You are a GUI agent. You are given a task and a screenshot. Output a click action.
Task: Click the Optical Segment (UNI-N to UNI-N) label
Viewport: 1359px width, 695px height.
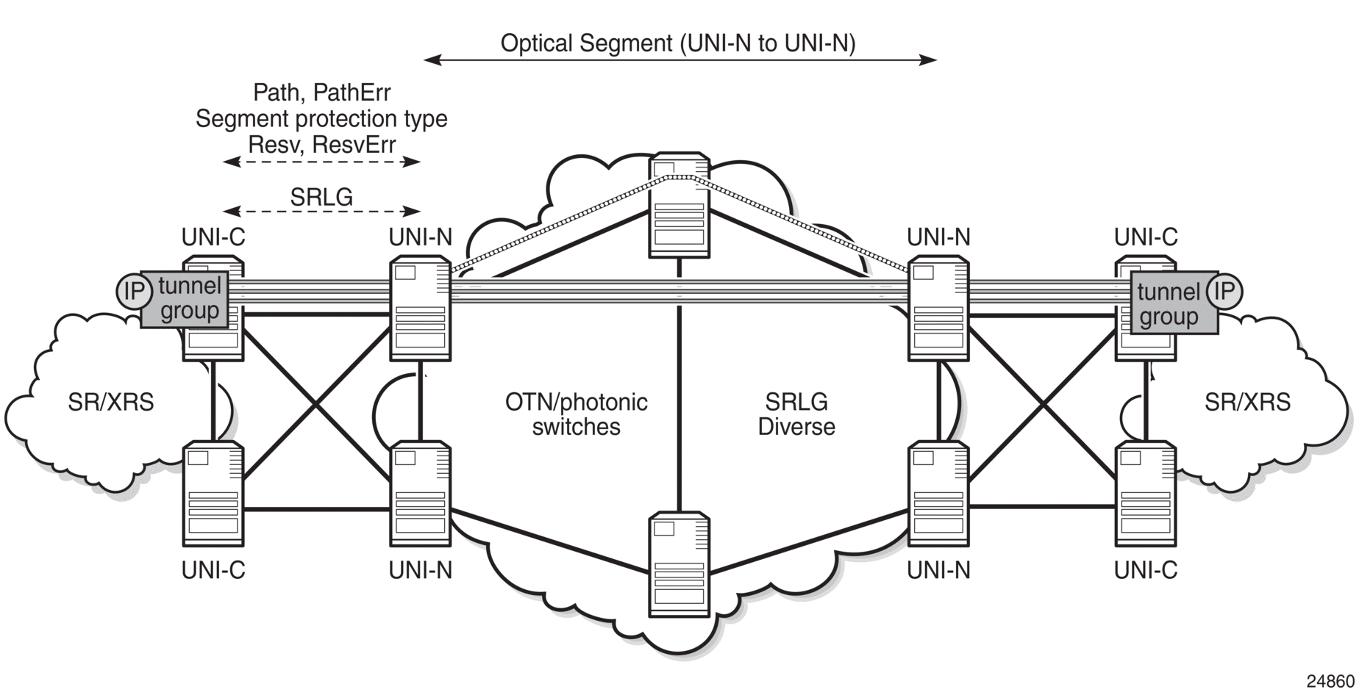[677, 43]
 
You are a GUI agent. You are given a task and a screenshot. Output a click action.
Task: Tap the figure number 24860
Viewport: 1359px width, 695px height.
[1330, 680]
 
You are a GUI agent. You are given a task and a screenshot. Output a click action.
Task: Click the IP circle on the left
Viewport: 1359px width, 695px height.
[133, 292]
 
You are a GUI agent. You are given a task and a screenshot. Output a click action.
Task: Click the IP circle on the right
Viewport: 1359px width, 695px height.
[1224, 292]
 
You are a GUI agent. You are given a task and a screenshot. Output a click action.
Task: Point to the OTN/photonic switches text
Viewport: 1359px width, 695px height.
[576, 414]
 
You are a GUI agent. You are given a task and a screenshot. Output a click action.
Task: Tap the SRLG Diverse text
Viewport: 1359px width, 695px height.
[796, 414]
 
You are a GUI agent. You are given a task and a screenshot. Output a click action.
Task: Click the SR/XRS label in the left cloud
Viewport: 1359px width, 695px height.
[111, 403]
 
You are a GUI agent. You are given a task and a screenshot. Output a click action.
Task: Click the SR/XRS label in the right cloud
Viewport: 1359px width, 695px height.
[1247, 403]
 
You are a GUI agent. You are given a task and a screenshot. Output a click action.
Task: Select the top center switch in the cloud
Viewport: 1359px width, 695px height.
[679, 206]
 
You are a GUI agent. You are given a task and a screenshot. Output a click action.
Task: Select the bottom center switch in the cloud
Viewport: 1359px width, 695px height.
[679, 565]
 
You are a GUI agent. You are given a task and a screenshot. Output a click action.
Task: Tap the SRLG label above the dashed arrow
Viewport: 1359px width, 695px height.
[321, 197]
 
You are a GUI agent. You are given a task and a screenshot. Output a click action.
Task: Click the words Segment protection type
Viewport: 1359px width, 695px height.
[321, 119]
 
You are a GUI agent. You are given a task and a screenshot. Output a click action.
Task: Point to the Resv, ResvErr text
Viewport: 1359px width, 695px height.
[321, 145]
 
